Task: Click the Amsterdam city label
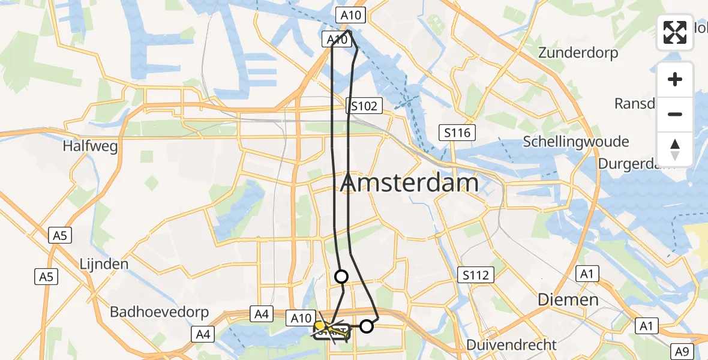tap(410, 184)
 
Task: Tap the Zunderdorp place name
tap(578, 53)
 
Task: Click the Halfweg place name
tap(90, 146)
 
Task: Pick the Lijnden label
tap(104, 264)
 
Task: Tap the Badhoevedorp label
tap(159, 312)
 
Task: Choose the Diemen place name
tap(568, 299)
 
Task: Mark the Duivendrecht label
tap(512, 345)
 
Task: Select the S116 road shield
tap(457, 133)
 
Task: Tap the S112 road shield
tap(476, 275)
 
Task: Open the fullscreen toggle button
tap(675, 32)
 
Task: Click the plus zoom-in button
tap(675, 79)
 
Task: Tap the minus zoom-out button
tap(675, 114)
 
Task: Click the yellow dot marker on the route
tap(320, 325)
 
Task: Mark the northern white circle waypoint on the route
tap(341, 277)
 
